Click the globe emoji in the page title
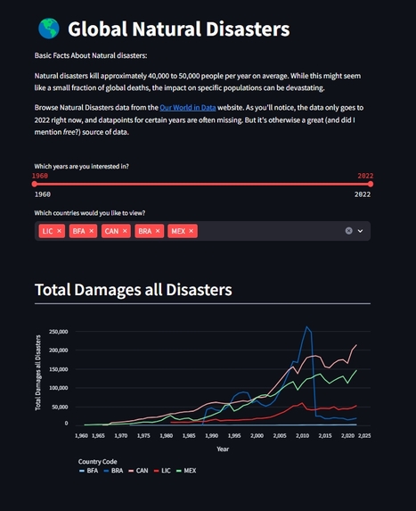47,29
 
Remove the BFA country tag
90,231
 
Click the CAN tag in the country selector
111,231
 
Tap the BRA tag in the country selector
144,231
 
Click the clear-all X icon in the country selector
349,231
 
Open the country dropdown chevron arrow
361,231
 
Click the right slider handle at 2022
371,185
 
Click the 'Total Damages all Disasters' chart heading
133,290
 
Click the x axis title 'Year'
223,449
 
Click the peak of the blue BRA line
307,327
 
